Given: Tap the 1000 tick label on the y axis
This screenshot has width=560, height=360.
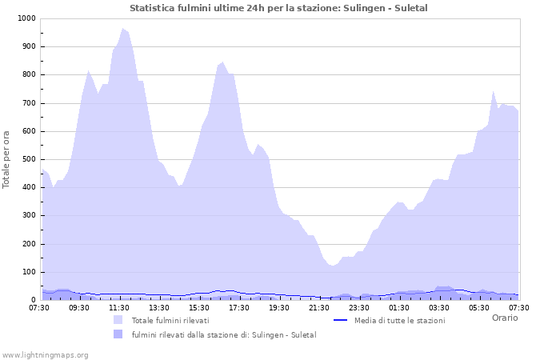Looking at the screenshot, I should click(25, 18).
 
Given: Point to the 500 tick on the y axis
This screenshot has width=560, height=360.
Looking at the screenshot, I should click(28, 159).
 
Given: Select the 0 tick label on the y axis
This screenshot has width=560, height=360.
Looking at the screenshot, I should click(33, 300).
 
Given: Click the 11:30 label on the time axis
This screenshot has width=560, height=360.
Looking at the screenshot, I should click(119, 307).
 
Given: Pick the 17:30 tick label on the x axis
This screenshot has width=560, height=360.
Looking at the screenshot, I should click(239, 307).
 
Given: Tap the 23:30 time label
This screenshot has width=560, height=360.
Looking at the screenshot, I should click(359, 307).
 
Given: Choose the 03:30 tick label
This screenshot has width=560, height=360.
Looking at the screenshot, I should click(439, 307).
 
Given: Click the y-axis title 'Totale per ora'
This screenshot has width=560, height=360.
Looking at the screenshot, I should click(7, 159).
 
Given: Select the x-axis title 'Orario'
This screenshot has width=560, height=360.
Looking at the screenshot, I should click(504, 318).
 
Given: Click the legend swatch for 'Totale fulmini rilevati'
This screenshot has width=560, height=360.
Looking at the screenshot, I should click(118, 320).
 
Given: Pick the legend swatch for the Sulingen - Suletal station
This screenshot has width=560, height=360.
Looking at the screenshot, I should click(118, 334).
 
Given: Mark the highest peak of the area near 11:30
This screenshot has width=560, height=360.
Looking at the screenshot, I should click(123, 29).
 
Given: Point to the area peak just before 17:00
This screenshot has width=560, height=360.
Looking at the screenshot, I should click(222, 62).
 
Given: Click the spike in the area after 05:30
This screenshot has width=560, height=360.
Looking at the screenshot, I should click(494, 91).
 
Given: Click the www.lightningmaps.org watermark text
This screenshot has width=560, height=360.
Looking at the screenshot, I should click(45, 354).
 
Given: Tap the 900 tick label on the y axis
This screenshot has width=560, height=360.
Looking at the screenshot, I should click(28, 46).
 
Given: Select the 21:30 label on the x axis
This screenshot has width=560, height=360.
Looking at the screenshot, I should click(319, 307).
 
